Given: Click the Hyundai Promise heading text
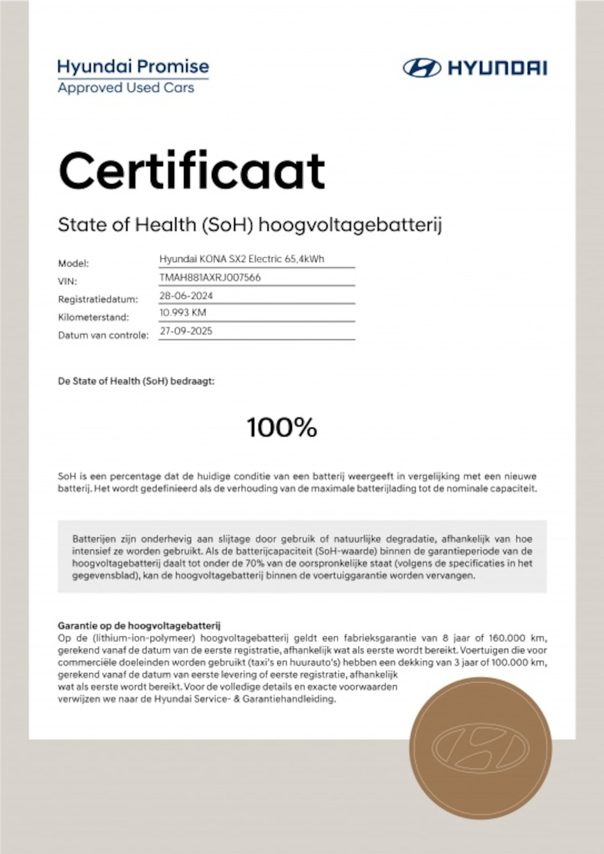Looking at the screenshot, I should coord(133,67).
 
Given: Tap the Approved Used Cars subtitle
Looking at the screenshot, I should coord(126,88).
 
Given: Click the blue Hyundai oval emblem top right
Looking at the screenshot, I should coord(421,68).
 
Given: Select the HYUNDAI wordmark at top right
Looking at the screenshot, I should coord(497,68).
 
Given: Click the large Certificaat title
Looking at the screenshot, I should coord(192,171).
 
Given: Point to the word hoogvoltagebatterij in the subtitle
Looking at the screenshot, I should coord(350,225).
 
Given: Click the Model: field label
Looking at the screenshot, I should coord(73,263).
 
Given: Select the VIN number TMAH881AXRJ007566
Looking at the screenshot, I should coord(210,277).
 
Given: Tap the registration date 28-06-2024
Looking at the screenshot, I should coord(186,296).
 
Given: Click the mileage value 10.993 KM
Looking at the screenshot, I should coord(183,312).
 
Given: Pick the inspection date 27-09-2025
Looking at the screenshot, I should coord(186,331).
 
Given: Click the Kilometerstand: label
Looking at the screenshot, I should coord(93,317).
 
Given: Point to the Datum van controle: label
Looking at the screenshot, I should coord(103,335).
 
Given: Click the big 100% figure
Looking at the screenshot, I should coord(282,427).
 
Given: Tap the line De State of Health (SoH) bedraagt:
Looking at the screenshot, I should coord(136,381).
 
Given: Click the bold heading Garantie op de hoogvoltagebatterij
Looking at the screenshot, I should coord(139,626).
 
